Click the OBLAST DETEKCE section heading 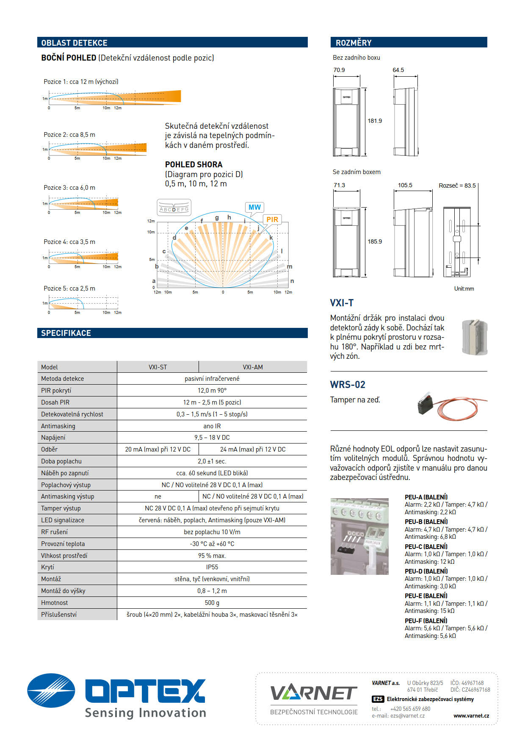click(74, 43)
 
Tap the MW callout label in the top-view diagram click(254, 207)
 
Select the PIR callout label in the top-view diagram click(272, 219)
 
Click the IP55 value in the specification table click(212, 567)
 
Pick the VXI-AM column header click(253, 367)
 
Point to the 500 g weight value click(212, 602)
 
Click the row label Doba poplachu click(61, 461)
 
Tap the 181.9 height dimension click(375, 121)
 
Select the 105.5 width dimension click(405, 185)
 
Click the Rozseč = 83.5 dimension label click(457, 186)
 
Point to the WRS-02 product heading click(348, 385)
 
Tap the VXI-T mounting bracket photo click(475, 337)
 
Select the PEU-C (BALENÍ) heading click(426, 546)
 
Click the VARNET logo click(314, 693)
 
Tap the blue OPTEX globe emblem click(51, 690)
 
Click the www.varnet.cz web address click(471, 715)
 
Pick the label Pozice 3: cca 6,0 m click(69, 188)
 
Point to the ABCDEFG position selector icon click(174, 208)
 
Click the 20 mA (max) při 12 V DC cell click(158, 449)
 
